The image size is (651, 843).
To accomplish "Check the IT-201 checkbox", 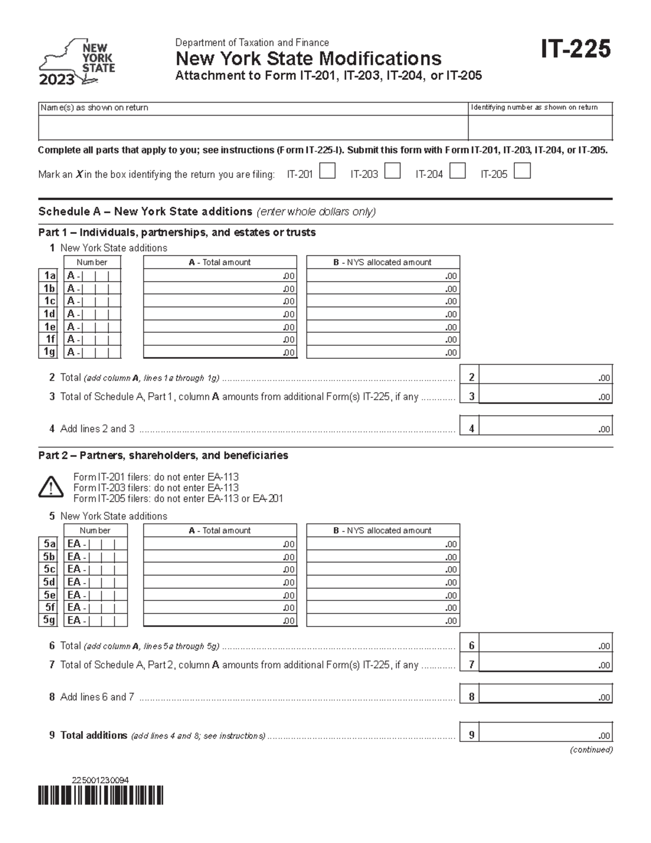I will pyautogui.click(x=327, y=172).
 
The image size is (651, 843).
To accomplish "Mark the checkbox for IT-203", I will pyautogui.click(x=392, y=172).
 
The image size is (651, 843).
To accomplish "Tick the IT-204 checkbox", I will pyautogui.click(x=457, y=172).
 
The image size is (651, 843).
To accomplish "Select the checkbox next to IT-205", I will pyautogui.click(x=522, y=172).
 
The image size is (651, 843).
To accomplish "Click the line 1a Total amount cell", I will pyautogui.click(x=220, y=275).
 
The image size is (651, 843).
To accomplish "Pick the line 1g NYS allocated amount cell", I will pyautogui.click(x=383, y=352).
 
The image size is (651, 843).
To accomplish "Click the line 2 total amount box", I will pyautogui.click(x=545, y=377).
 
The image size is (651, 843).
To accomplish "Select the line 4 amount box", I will pyautogui.click(x=545, y=428).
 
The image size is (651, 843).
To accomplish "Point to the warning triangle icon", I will pyautogui.click(x=50, y=487).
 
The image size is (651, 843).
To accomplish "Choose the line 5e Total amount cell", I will pyautogui.click(x=220, y=595).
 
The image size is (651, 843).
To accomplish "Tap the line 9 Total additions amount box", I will pyautogui.click(x=545, y=735).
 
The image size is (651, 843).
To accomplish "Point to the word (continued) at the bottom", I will pyautogui.click(x=591, y=750).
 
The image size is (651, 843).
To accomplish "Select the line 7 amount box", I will pyautogui.click(x=545, y=664).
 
